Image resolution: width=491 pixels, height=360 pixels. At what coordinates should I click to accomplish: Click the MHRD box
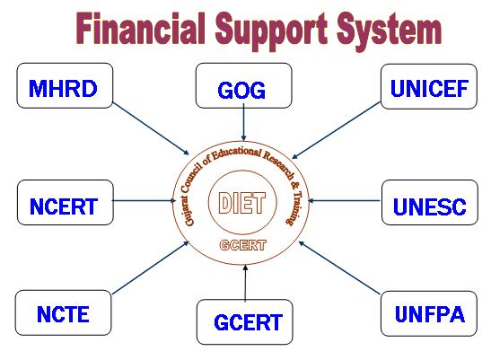pyautogui.click(x=65, y=85)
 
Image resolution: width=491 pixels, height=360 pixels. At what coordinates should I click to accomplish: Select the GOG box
pyautogui.click(x=243, y=85)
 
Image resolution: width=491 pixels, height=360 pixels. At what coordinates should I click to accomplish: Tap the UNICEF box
pyautogui.click(x=429, y=86)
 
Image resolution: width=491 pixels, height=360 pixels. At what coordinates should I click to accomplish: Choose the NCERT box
pyautogui.click(x=66, y=202)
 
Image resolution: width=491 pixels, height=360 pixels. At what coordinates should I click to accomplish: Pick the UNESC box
pyautogui.click(x=430, y=202)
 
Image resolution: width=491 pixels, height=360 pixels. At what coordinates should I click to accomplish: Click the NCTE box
pyautogui.click(x=63, y=312)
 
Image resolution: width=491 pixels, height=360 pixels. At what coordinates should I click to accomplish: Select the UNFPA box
pyautogui.click(x=429, y=313)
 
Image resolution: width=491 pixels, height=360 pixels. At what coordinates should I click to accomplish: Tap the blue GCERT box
pyautogui.click(x=244, y=322)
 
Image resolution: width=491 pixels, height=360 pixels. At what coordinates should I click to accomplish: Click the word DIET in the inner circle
pyautogui.click(x=242, y=203)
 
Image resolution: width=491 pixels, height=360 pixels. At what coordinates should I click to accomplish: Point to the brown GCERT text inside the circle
pyautogui.click(x=243, y=245)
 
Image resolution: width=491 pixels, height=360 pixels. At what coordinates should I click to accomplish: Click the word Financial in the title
pyautogui.click(x=141, y=28)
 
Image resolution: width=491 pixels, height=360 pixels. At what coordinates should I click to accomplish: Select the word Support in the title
pyautogui.click(x=271, y=31)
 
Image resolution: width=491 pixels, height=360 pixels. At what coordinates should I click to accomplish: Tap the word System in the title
pyautogui.click(x=389, y=31)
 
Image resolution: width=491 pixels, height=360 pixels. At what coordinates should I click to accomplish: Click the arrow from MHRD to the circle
pyautogui.click(x=151, y=128)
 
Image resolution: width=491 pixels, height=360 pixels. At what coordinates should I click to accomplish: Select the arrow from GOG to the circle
pyautogui.click(x=243, y=122)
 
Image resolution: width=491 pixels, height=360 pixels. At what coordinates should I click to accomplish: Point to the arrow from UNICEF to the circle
pyautogui.click(x=336, y=130)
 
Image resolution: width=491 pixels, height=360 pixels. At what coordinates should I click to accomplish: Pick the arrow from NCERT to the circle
pyautogui.click(x=144, y=200)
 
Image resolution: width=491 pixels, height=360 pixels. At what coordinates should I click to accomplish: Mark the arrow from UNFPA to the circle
pyautogui.click(x=340, y=268)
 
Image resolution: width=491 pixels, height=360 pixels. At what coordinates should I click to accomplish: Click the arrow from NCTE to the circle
pyautogui.click(x=150, y=268)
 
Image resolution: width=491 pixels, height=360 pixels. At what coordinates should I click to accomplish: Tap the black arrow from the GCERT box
pyautogui.click(x=245, y=283)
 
